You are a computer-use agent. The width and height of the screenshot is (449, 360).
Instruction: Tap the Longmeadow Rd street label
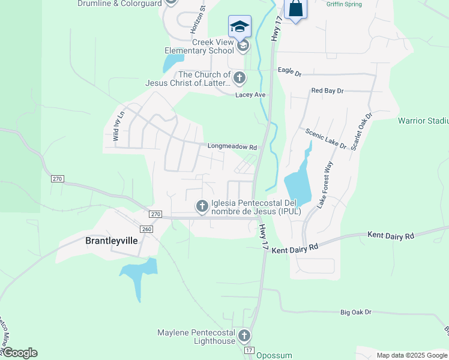pyautogui.click(x=232, y=146)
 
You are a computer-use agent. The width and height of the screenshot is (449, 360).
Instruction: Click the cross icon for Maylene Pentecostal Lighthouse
pyautogui.click(x=244, y=336)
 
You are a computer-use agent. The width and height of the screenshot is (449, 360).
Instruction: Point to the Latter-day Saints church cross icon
pyautogui.click(x=239, y=78)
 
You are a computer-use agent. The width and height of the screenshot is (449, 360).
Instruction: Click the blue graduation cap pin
pyautogui.click(x=239, y=26)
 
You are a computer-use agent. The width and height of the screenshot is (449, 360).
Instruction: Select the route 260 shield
pyautogui.click(x=146, y=229)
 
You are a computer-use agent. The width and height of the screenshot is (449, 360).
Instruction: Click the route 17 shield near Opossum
pyautogui.click(x=249, y=350)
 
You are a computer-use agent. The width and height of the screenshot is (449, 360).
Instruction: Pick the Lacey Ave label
pyautogui.click(x=250, y=95)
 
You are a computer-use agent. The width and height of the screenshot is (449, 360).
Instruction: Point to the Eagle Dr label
pyautogui.click(x=289, y=71)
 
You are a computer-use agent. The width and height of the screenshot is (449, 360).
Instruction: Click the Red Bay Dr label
pyautogui.click(x=327, y=91)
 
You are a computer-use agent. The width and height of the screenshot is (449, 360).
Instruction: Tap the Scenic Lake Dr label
pyautogui.click(x=326, y=139)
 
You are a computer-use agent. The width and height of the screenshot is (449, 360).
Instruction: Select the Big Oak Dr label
pyautogui.click(x=356, y=312)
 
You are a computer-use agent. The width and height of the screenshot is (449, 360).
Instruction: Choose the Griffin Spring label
pyautogui.click(x=344, y=4)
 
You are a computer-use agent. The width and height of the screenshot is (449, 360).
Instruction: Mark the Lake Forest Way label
pyautogui.click(x=325, y=185)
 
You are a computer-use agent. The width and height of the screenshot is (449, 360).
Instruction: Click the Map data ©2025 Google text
pyautogui.click(x=411, y=355)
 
